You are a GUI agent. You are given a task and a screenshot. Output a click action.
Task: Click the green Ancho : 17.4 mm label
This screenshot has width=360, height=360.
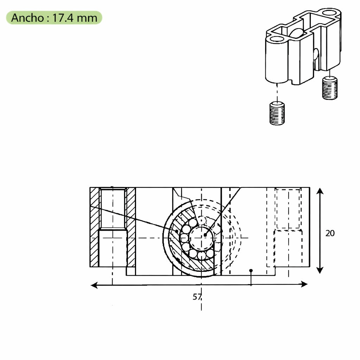(54, 18)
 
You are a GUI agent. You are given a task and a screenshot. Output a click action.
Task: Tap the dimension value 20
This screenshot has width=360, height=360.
(330, 233)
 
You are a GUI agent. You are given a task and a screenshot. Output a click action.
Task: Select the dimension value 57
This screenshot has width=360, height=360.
(197, 297)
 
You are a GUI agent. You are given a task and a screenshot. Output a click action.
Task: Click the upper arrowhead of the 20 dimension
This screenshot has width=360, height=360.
(320, 191)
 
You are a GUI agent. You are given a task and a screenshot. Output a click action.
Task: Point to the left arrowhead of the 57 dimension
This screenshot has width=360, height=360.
(94, 285)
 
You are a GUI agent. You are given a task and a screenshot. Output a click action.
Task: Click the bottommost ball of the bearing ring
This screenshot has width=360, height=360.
(201, 256)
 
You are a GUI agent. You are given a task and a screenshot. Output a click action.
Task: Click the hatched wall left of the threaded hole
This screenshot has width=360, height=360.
(95, 227)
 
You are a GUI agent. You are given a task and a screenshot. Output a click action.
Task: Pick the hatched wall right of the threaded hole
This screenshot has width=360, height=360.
(131, 227)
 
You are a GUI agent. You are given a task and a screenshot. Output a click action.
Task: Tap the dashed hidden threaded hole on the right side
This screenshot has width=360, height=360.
(288, 208)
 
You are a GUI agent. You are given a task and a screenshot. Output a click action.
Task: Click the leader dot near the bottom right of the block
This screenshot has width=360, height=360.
(251, 271)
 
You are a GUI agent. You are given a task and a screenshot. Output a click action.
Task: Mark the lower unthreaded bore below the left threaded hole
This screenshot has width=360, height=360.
(112, 248)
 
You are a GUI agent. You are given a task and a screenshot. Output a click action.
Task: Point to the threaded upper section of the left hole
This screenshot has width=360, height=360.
(112, 208)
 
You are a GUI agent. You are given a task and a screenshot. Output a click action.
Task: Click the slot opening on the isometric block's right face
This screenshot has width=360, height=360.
(316, 58)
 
